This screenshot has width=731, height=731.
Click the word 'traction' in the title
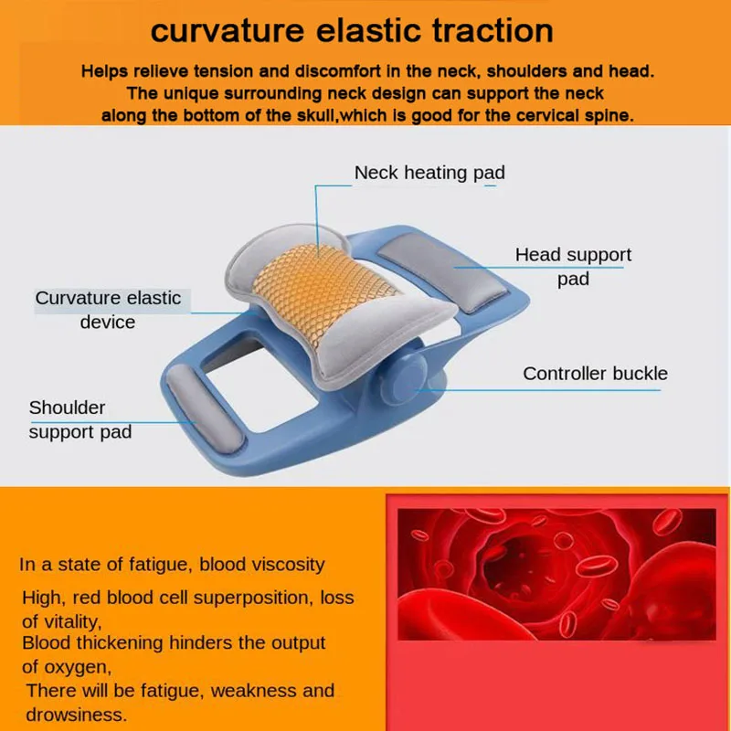[x=493, y=31]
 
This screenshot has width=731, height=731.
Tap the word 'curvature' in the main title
[x=228, y=31]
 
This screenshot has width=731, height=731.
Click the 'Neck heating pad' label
[x=429, y=173]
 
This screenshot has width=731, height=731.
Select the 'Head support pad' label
[x=573, y=267]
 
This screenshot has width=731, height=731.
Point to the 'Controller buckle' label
[x=595, y=374]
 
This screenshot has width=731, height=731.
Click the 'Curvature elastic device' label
[x=108, y=310]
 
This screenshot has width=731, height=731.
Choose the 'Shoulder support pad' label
[x=80, y=419]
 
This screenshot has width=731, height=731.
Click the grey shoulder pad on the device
[x=205, y=408]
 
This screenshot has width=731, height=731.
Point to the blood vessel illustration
[x=556, y=575]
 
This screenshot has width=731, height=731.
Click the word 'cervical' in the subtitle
[x=545, y=115]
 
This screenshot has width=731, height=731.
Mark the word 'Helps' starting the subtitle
[x=104, y=71]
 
